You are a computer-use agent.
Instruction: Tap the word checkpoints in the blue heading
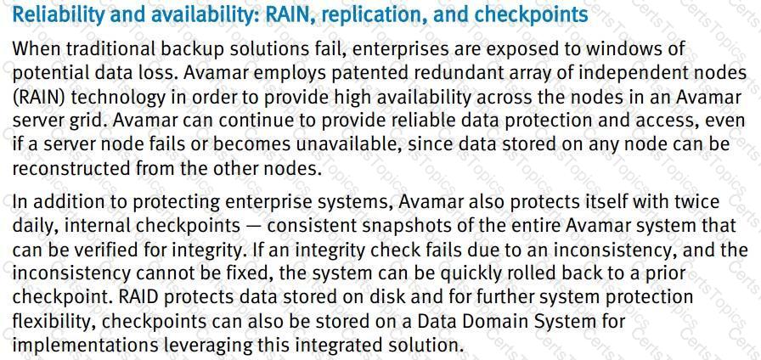(531, 15)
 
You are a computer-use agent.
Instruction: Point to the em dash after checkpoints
(252, 226)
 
